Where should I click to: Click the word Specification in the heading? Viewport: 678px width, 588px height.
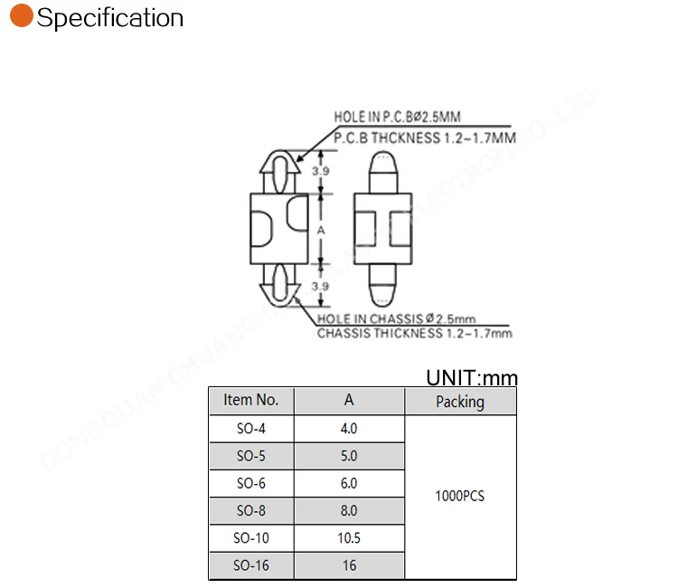pos(110,18)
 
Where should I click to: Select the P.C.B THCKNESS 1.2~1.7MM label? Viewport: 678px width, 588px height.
pos(425,138)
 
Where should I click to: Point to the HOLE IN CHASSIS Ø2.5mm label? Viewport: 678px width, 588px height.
pos(396,318)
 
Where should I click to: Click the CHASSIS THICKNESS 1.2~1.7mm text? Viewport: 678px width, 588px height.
pos(414,334)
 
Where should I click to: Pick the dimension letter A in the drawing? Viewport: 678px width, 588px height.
pos(321,231)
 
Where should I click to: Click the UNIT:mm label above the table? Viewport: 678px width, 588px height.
pos(472,378)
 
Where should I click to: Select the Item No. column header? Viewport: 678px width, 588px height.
pos(251,401)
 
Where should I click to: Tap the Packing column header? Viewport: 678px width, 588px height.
pos(460,402)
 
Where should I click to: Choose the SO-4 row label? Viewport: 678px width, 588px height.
pos(251,429)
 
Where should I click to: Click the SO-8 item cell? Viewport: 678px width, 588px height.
pos(251,511)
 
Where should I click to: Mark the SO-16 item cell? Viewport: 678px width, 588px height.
pos(251,566)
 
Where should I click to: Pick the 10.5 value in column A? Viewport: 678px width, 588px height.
pos(349,538)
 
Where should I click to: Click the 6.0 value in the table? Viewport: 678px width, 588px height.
pos(349,484)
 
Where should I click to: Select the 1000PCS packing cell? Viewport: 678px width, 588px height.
pos(460,497)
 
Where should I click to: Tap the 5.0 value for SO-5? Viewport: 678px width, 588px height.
pos(349,456)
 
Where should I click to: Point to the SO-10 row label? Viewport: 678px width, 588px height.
pos(251,538)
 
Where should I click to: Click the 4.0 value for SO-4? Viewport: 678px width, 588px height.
pos(349,429)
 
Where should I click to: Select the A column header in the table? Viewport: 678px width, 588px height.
pos(349,401)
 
